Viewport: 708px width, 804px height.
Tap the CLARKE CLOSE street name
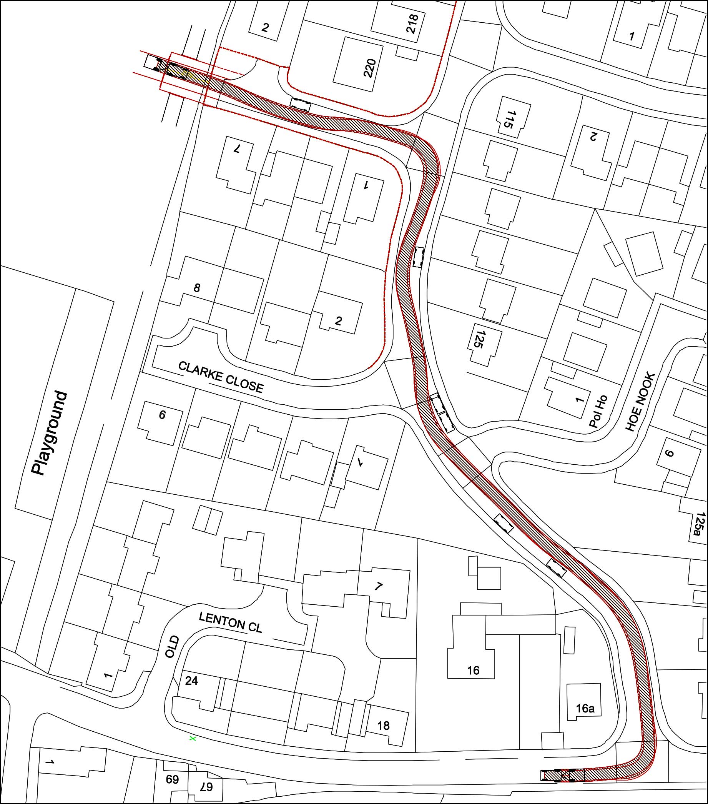[221, 377]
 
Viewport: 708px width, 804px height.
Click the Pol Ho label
[598, 412]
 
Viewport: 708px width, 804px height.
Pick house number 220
[370, 68]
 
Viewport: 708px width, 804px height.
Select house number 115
[509, 120]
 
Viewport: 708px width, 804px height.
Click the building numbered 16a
[585, 709]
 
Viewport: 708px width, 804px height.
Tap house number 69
[172, 779]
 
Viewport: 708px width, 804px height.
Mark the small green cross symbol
[193, 739]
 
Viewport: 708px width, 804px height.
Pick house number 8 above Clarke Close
[196, 288]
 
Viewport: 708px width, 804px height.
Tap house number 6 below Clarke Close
[162, 415]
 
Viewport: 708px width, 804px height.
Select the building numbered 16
[473, 670]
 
